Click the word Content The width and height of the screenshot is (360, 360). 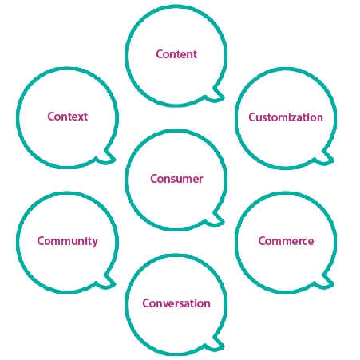click(x=176, y=54)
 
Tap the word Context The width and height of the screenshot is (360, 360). click(x=68, y=117)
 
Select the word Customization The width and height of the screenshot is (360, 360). click(x=286, y=117)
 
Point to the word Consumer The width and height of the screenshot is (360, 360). click(x=176, y=179)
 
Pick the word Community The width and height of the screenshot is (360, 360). click(x=68, y=242)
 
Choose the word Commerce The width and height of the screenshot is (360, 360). click(x=286, y=241)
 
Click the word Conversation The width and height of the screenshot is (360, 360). click(x=176, y=303)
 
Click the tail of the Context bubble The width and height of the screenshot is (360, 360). click(x=107, y=157)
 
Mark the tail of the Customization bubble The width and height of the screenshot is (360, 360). click(x=325, y=158)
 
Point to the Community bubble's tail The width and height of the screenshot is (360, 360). click(x=107, y=282)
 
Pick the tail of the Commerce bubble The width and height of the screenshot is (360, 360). click(x=325, y=283)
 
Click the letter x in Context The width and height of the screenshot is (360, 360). click(x=80, y=118)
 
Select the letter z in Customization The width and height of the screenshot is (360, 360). click(x=295, y=119)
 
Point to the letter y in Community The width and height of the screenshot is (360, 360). click(x=95, y=243)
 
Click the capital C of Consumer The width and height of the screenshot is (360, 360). click(x=154, y=179)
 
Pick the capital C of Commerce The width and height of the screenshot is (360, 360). click(x=262, y=241)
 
